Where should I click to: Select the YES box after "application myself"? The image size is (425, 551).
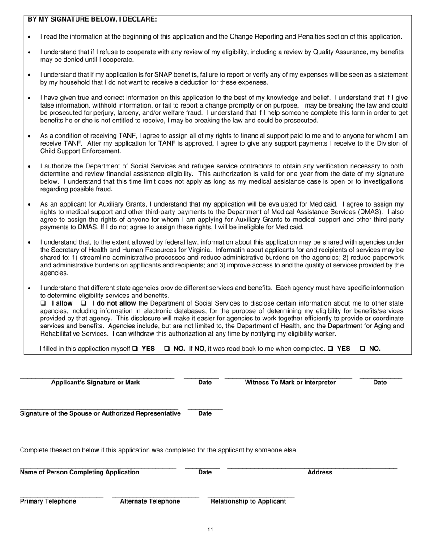click(x=135, y=349)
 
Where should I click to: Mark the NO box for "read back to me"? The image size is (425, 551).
click(x=362, y=349)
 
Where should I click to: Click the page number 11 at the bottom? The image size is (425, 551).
click(x=210, y=529)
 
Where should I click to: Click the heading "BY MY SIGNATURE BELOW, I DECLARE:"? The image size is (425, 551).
click(x=92, y=19)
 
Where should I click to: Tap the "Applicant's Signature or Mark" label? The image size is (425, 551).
click(x=95, y=382)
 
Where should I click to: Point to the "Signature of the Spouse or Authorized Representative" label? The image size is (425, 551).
click(x=100, y=413)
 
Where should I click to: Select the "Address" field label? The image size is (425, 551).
click(x=320, y=472)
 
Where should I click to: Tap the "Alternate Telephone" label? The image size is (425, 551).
click(x=150, y=501)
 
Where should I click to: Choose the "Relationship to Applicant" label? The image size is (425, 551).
click(x=248, y=501)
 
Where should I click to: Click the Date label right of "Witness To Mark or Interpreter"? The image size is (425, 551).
click(x=380, y=382)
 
